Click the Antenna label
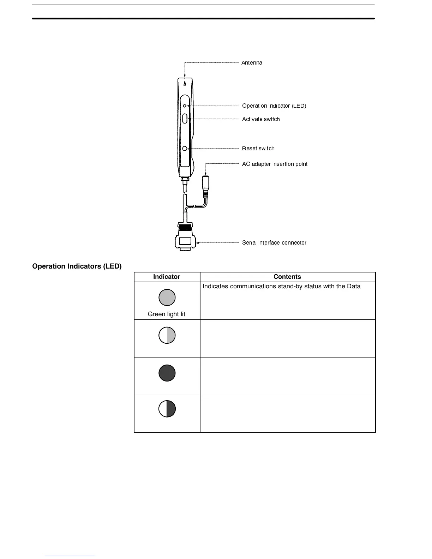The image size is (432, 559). [252, 63]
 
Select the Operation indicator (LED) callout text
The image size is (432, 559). [274, 106]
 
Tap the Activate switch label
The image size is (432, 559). [261, 119]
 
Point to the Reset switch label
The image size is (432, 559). [258, 149]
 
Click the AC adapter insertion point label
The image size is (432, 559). [275, 164]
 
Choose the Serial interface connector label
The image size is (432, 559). [274, 243]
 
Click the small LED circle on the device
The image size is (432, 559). [185, 106]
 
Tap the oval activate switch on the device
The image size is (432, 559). [185, 118]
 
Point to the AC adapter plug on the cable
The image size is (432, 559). [205, 186]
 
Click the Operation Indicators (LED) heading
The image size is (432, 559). [77, 266]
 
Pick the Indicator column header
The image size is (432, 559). [167, 277]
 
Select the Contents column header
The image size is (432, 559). [287, 277]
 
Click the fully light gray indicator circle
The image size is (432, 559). [167, 297]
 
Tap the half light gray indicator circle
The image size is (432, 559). [167, 335]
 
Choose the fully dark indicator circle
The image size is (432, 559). [167, 373]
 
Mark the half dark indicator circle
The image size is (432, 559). [167, 409]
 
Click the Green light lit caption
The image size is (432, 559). [167, 314]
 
